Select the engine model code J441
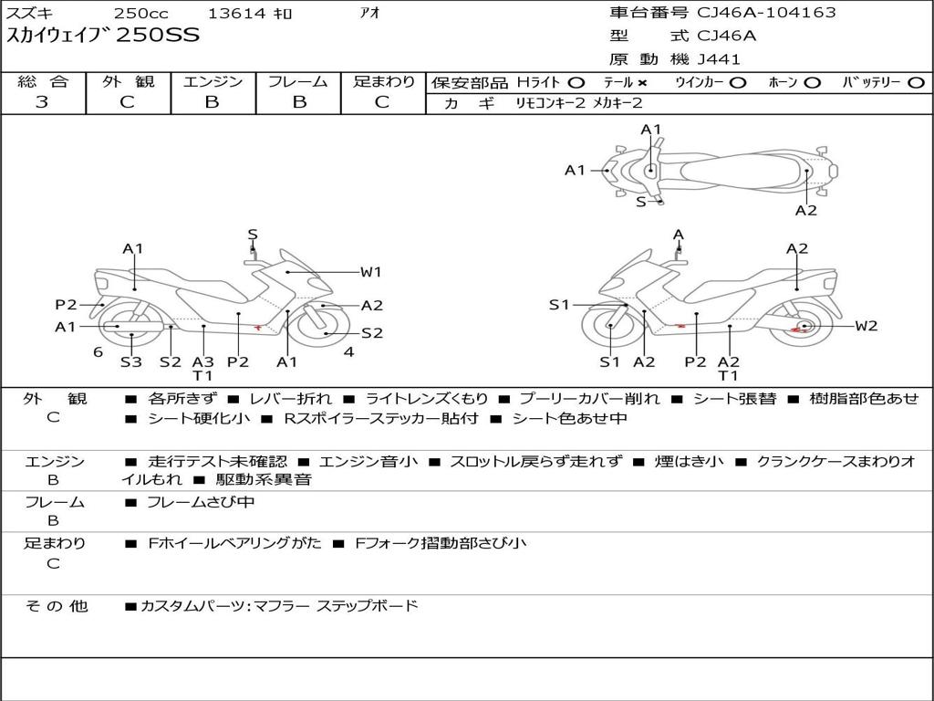point(719,59)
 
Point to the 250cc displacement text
point(140,13)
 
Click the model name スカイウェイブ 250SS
point(103,37)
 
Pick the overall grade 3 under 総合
point(42,102)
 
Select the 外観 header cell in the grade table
point(128,82)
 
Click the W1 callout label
point(370,271)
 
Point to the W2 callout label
point(866,326)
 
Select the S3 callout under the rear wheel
point(131,361)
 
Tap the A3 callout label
point(202,361)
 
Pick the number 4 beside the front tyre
point(348,352)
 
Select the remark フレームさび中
point(201,502)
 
